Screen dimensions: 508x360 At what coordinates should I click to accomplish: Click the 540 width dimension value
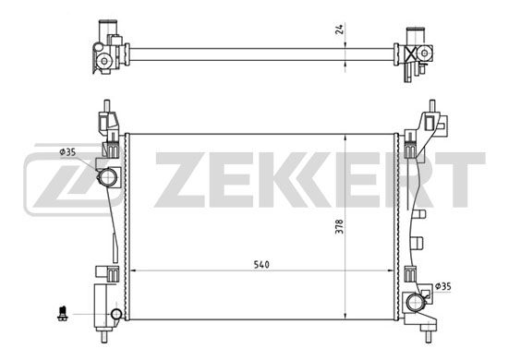tap(261, 265)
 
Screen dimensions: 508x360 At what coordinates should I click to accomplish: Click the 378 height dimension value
tap(339, 227)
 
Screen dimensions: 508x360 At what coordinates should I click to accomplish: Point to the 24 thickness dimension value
tap(339, 30)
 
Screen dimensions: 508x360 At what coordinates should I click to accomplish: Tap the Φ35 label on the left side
tap(67, 151)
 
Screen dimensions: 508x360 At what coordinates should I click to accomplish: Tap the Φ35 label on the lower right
tap(442, 286)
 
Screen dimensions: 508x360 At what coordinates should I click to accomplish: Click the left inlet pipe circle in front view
tap(108, 177)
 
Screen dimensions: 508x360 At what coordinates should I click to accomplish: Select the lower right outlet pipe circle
tap(416, 304)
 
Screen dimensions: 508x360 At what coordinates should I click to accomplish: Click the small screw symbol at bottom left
tap(62, 313)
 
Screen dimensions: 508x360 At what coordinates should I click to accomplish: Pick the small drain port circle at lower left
tap(116, 314)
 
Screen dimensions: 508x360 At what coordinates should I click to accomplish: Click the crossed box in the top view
tap(411, 54)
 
